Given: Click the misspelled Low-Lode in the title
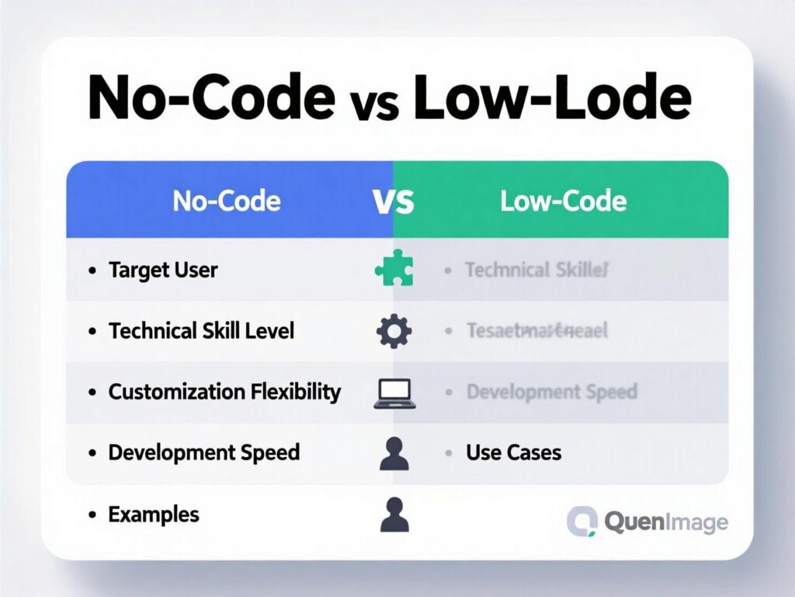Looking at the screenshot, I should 552,97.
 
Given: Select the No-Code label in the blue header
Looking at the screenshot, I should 226,201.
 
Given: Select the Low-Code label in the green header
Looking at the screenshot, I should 563,201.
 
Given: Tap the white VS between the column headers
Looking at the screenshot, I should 394,202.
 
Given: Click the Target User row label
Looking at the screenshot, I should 163,270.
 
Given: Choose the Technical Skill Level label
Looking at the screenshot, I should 201,330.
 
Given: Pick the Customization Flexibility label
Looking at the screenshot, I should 224,391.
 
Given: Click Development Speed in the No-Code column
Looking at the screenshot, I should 203,452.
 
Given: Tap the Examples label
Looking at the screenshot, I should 153,514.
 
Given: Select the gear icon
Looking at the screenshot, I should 394,332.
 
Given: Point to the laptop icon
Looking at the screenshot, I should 394,393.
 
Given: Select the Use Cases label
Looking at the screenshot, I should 513,452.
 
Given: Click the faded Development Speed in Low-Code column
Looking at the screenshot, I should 551,391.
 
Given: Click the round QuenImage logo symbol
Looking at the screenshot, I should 581,522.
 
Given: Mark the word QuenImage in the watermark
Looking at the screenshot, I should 665,522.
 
